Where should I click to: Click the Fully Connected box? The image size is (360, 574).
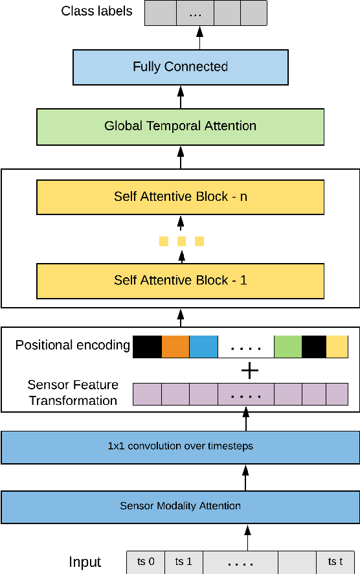coord(180,67)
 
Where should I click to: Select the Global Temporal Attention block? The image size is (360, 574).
coord(180,126)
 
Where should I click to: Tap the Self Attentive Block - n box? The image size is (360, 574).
coord(180,197)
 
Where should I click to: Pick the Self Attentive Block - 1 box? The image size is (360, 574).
coord(180,281)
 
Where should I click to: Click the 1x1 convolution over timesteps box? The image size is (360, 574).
coord(180,446)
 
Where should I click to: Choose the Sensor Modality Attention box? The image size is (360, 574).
coord(180,506)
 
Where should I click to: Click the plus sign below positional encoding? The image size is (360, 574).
coord(249,370)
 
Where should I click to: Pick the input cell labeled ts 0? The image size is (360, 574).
coord(146,562)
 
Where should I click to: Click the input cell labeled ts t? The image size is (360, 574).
coord(335,562)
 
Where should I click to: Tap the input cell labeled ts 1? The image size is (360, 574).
coord(184,562)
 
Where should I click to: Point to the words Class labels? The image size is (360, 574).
coord(96,11)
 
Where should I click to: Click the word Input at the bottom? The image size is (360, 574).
coord(85,562)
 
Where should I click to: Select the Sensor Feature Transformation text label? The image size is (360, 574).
coord(72,393)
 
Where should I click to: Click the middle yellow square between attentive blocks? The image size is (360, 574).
coord(181,242)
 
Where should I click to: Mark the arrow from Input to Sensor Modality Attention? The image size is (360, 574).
coord(245,537)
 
